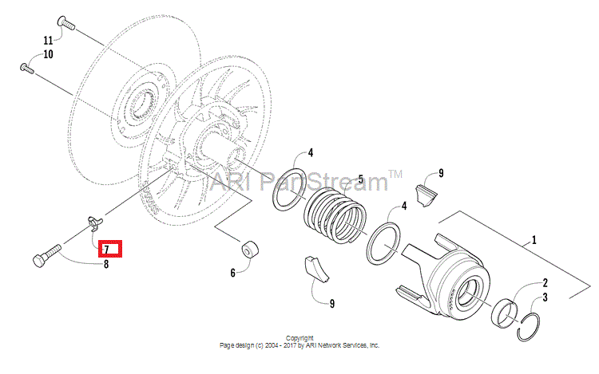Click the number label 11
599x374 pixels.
coord(48,40)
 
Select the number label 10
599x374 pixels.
coord(48,55)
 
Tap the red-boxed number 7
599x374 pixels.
coord(106,249)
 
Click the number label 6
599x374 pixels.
coord(232,273)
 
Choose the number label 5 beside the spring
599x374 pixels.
coord(360,180)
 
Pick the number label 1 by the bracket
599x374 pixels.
coord(534,239)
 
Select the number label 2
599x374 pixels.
coord(545,282)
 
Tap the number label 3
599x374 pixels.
coord(545,297)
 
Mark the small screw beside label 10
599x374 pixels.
coord(28,68)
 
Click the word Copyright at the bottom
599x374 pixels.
coord(299,338)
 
